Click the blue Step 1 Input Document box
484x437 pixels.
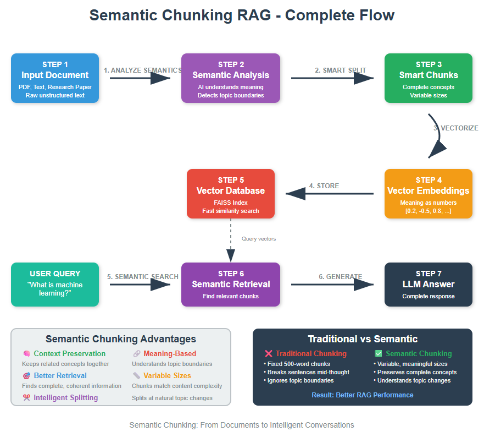pyautogui.click(x=55, y=78)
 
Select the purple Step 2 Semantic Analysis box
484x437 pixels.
pyautogui.click(x=231, y=78)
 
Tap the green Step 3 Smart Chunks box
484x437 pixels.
pyautogui.click(x=429, y=78)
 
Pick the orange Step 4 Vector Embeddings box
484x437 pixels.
pyautogui.click(x=429, y=194)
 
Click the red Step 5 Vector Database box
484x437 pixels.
pyautogui.click(x=231, y=194)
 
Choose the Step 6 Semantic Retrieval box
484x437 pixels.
pyautogui.click(x=231, y=285)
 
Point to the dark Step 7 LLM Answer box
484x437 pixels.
pyautogui.click(x=429, y=285)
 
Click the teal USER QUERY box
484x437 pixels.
pyautogui.click(x=55, y=285)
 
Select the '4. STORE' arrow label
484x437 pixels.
pyautogui.click(x=324, y=186)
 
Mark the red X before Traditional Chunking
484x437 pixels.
pyautogui.click(x=269, y=354)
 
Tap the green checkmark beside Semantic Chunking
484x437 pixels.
pyautogui.click(x=378, y=354)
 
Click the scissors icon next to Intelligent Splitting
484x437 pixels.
pyautogui.click(x=26, y=398)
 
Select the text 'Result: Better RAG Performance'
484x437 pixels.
pyautogui.click(x=363, y=395)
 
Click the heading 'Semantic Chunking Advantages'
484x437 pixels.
pyautogui.click(x=121, y=339)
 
